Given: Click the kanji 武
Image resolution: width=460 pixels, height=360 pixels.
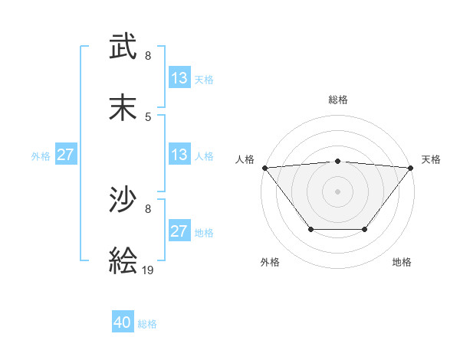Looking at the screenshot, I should [x=123, y=47].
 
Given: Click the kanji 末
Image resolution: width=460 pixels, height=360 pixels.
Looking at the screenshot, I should [x=123, y=110].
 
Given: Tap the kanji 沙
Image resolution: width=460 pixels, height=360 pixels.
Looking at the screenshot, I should [x=123, y=201].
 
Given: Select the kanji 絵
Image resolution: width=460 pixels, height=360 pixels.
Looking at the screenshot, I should [x=123, y=263].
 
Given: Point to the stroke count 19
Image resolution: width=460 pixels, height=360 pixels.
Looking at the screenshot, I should [x=148, y=270].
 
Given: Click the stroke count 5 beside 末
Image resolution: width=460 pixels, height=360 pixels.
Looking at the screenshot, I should [x=148, y=116].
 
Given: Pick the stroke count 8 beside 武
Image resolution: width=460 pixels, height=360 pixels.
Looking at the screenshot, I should [x=148, y=55].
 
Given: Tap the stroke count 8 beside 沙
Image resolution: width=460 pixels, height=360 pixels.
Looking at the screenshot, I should [x=148, y=208].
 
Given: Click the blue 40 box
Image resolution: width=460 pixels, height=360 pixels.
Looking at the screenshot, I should [x=123, y=323].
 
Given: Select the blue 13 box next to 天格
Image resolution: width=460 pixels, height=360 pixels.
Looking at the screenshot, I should [x=179, y=78].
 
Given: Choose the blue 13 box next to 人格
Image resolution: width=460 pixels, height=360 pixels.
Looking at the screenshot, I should [x=179, y=155].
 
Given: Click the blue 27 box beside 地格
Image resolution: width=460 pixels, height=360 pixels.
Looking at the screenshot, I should [x=179, y=231].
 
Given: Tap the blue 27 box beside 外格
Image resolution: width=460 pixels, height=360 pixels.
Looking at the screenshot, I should [x=65, y=155].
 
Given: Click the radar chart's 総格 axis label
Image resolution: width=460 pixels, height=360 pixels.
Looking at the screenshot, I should [x=337, y=100].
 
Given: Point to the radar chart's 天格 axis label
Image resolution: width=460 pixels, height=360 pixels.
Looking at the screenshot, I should [x=431, y=159].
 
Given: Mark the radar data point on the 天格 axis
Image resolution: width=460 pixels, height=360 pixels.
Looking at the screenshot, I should [x=411, y=168].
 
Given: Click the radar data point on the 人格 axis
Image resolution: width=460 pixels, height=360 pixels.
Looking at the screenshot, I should [x=264, y=168].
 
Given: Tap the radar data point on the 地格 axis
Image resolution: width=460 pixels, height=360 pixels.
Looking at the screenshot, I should [x=365, y=229].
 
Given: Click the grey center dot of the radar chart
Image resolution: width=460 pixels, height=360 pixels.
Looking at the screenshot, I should [x=337, y=191].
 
